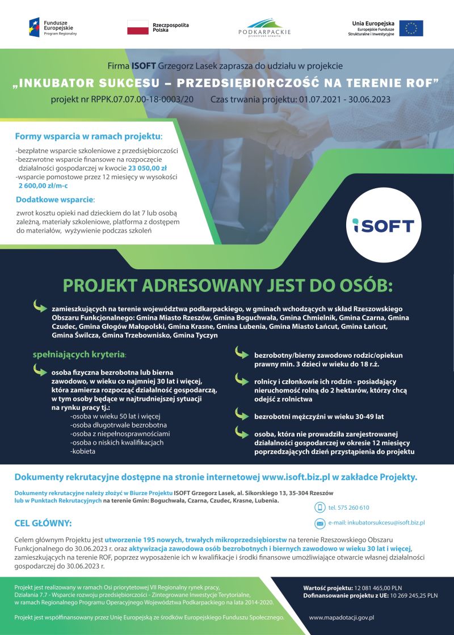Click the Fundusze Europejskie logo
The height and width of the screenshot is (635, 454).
coord(53,27)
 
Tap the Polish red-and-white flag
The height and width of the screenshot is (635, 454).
coord(137,27)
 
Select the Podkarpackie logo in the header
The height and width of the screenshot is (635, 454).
coord(264,27)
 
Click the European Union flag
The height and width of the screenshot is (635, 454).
coord(411,28)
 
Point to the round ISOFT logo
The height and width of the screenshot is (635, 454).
coord(384,225)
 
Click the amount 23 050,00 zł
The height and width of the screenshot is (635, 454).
coord(147,168)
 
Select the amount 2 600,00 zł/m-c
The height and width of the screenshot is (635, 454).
coord(43,185)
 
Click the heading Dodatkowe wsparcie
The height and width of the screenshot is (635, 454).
coord(55,200)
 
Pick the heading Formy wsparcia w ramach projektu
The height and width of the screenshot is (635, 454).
coord(89,137)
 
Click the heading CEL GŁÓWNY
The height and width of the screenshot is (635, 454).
coord(43,523)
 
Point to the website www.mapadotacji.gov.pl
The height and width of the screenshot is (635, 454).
coord(341,617)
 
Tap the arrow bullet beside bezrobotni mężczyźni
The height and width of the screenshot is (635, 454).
coord(241,416)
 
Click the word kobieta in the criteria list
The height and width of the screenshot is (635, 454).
coord(83,451)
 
